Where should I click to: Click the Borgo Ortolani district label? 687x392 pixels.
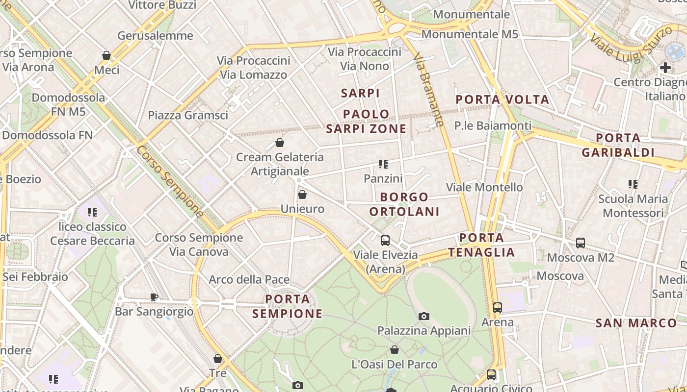point(404,204)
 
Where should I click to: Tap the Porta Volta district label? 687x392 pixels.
point(502,99)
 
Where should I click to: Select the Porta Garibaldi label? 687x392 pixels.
point(618,145)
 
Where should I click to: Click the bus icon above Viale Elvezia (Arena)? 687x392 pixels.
point(385,241)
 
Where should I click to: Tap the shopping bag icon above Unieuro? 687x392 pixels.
point(302,195)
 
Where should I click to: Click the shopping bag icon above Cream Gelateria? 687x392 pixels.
point(280,143)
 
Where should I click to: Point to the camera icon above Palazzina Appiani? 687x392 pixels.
point(424,316)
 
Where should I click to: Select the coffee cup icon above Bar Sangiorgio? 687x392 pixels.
point(154,297)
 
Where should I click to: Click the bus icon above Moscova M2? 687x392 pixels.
point(581,243)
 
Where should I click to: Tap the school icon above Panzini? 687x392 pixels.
point(383,164)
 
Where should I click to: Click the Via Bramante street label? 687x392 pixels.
point(429,91)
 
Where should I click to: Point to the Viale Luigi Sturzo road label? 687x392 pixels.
point(631,45)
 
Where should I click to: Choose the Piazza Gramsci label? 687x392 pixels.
point(188,115)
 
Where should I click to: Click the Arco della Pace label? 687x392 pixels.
point(249,280)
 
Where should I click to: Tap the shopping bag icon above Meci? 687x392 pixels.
point(106,55)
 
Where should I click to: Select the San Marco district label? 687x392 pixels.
point(636,323)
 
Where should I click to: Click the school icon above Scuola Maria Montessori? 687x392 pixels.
point(633,184)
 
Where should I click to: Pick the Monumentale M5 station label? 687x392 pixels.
point(470,34)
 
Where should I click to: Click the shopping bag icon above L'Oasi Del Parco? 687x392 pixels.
point(395,350)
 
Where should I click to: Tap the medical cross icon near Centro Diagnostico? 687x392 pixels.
point(665,68)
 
